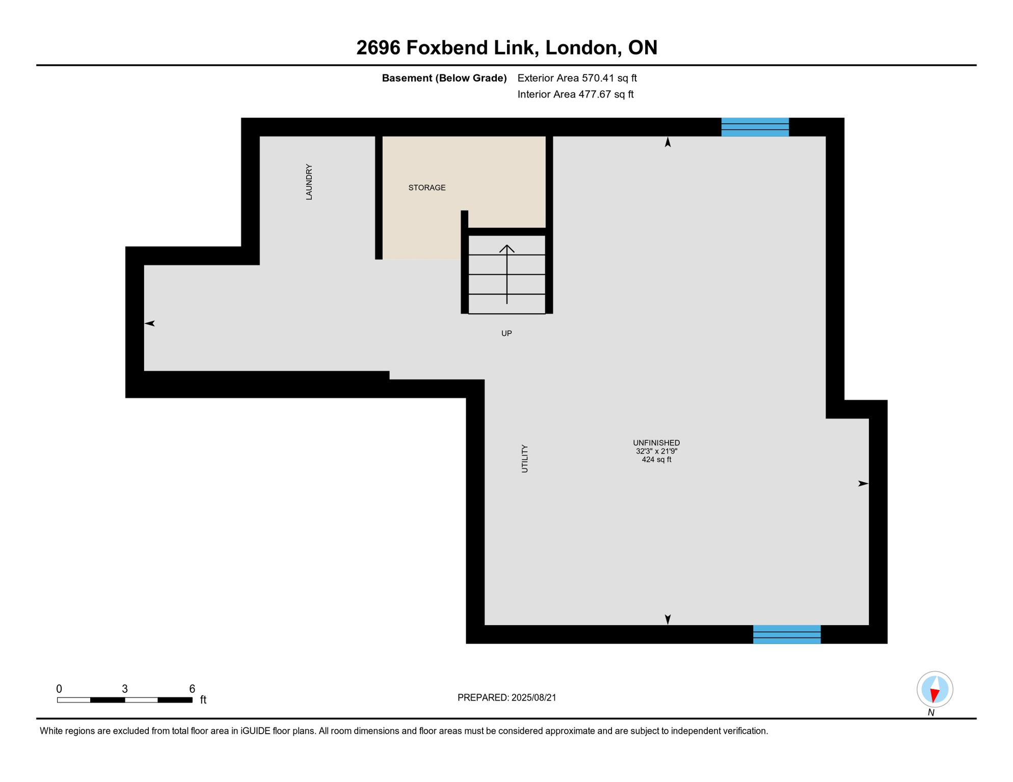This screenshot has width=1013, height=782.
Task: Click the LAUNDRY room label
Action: (x=309, y=182)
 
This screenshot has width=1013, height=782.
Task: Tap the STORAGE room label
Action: (x=427, y=188)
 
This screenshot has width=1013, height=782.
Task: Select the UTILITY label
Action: (x=525, y=459)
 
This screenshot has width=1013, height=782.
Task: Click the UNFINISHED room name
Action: (x=656, y=443)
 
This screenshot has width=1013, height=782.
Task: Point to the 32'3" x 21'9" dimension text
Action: (x=656, y=451)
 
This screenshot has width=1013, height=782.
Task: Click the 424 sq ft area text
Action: (x=656, y=459)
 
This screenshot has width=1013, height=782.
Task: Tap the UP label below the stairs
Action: (x=507, y=333)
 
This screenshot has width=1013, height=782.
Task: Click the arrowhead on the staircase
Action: (x=507, y=248)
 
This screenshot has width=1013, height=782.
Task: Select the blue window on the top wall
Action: (x=755, y=127)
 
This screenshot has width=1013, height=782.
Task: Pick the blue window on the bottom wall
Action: (x=787, y=634)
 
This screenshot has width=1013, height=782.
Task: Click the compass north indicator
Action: (x=935, y=690)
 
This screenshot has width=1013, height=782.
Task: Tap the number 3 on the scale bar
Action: (x=125, y=689)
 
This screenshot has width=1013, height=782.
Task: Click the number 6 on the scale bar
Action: (x=192, y=689)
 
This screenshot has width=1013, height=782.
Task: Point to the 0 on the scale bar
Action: (x=59, y=689)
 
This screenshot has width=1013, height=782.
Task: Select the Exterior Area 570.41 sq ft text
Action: (x=577, y=78)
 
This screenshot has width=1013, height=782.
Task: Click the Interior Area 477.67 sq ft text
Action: (x=575, y=94)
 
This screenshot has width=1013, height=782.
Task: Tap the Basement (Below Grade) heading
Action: (x=444, y=78)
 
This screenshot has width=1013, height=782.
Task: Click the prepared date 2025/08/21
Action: (x=534, y=697)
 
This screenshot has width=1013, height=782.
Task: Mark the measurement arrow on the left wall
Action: (x=150, y=323)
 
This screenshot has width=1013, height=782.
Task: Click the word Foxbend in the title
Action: (x=447, y=47)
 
